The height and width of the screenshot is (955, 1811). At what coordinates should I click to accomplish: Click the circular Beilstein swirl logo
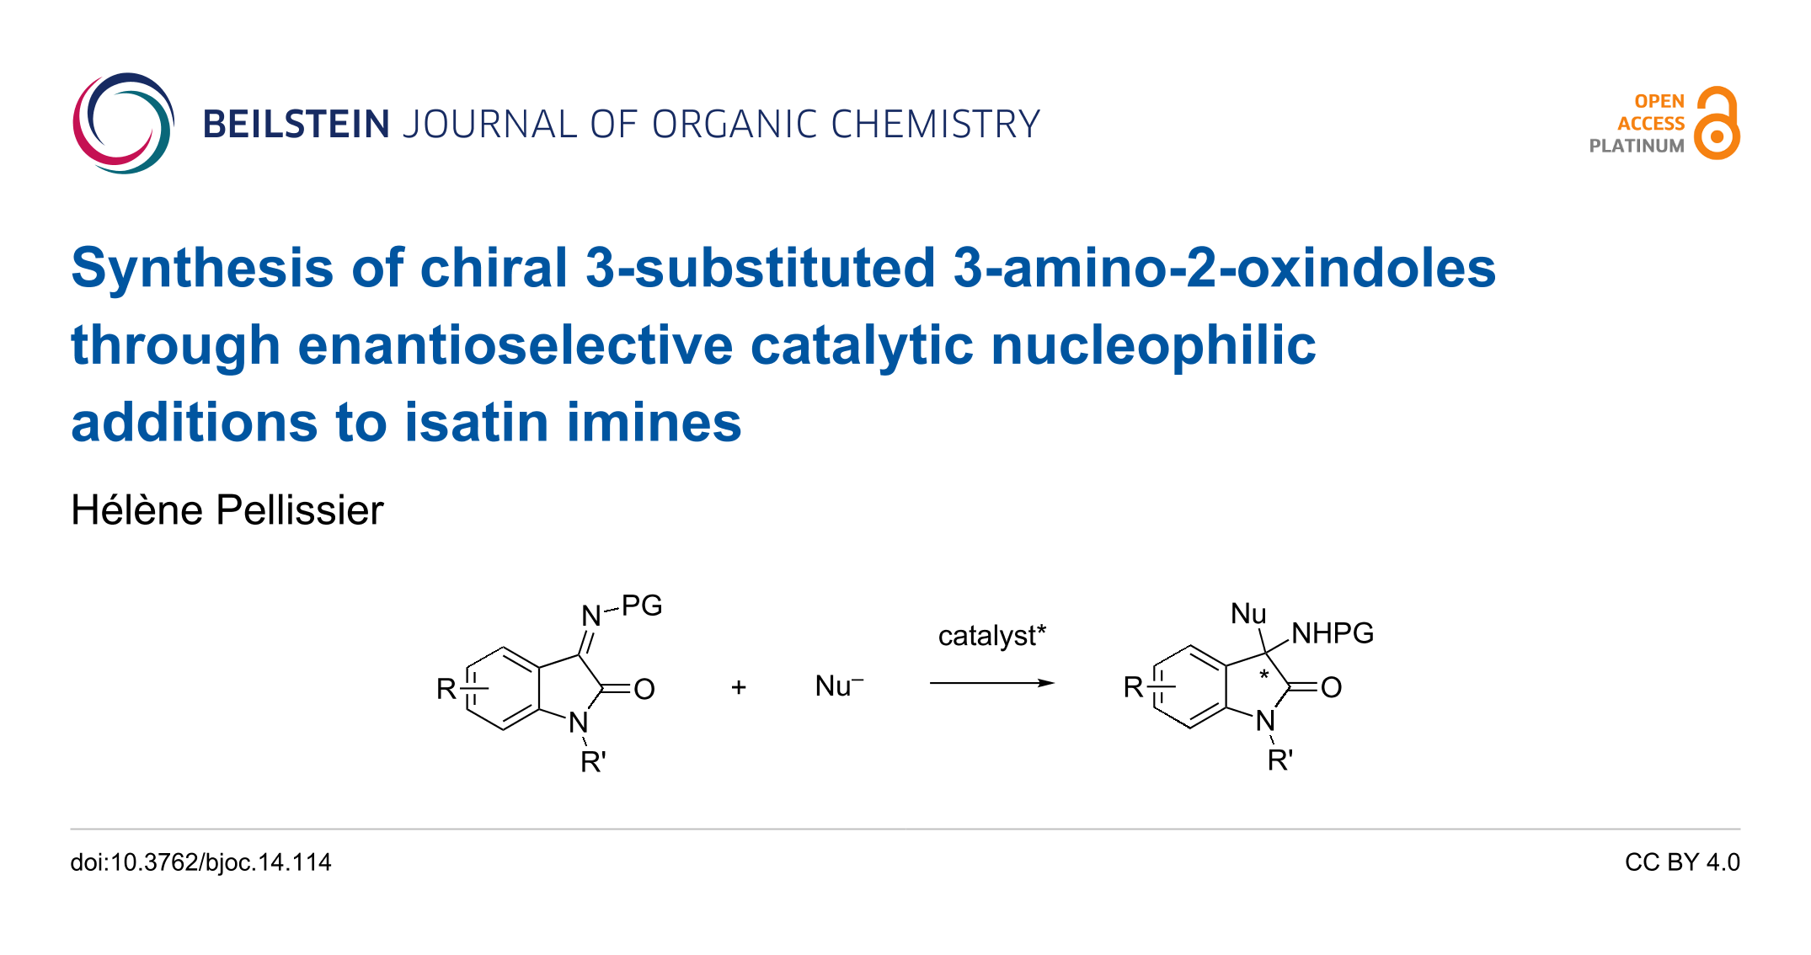pos(123,123)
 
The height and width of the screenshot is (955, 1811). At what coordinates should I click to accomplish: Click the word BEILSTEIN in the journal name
pos(296,125)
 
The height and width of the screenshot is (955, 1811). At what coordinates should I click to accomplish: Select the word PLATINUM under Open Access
pos(1636,146)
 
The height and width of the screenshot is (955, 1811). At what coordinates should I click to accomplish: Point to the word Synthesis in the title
pos(202,268)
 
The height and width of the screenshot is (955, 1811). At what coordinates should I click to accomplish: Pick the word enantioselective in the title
pos(516,345)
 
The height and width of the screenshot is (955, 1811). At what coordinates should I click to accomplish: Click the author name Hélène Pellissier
pos(227,510)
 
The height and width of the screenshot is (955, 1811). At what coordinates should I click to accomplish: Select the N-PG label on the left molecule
pos(622,609)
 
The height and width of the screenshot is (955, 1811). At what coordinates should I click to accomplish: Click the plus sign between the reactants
pos(739,687)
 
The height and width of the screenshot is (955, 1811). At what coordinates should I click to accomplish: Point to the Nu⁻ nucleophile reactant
pos(838,686)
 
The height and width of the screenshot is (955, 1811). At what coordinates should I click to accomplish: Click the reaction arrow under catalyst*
pos(991,683)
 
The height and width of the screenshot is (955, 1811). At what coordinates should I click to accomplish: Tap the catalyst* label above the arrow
pos(991,635)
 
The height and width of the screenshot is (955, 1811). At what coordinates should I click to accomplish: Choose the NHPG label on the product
pos(1332,633)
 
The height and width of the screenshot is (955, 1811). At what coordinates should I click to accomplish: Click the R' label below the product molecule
pos(1280,760)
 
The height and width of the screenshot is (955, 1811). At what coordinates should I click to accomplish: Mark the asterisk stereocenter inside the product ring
pos(1263,675)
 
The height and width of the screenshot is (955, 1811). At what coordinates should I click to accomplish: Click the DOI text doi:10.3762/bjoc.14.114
pos(200,862)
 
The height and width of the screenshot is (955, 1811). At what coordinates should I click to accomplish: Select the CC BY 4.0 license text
pos(1682,862)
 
